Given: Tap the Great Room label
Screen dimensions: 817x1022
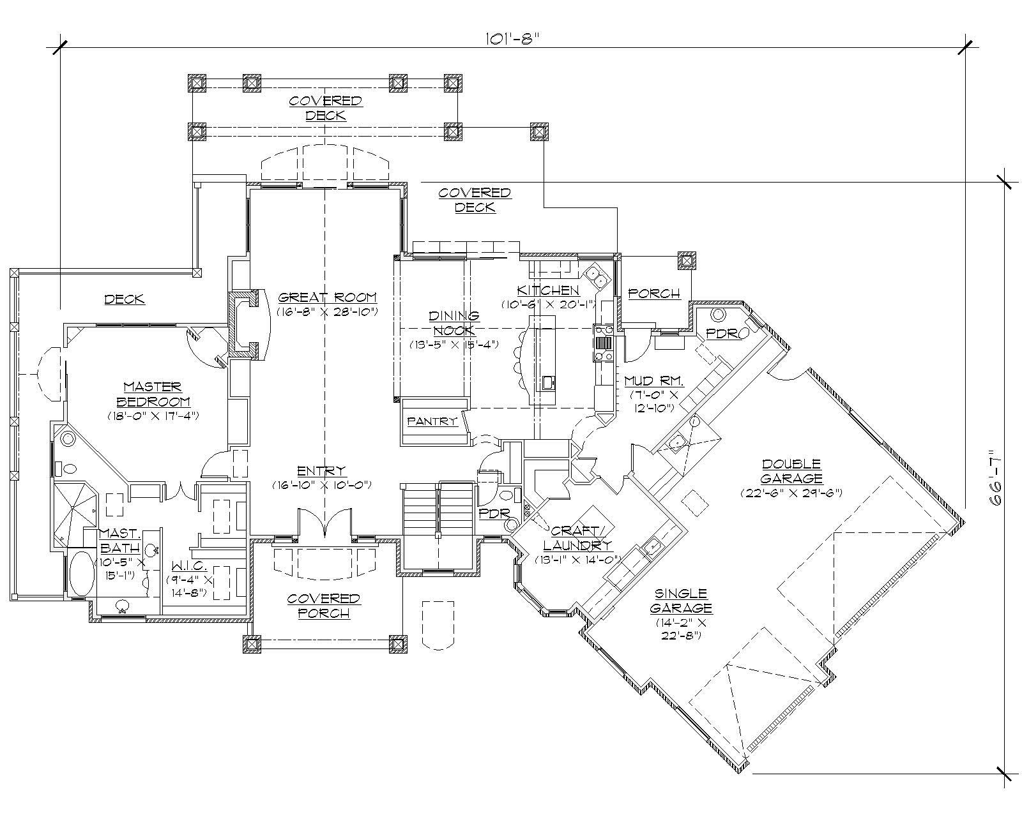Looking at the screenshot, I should coord(327,297).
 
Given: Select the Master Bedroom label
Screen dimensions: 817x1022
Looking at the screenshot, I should coord(153,394).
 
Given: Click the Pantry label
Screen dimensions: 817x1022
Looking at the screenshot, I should coord(432,421).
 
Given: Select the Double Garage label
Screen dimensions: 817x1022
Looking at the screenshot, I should coord(791,471).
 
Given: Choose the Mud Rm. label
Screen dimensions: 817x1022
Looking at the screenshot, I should coord(653,381).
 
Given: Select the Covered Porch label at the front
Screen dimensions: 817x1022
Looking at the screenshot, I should coord(323,605).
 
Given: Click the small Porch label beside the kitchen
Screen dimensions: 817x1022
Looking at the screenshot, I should coord(654,294).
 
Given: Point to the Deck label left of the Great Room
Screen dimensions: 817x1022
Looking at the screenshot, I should coord(125,299).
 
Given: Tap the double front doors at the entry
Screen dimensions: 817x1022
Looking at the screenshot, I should coord(324,523).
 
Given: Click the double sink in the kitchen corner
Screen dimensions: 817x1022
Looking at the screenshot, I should coord(597,274).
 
